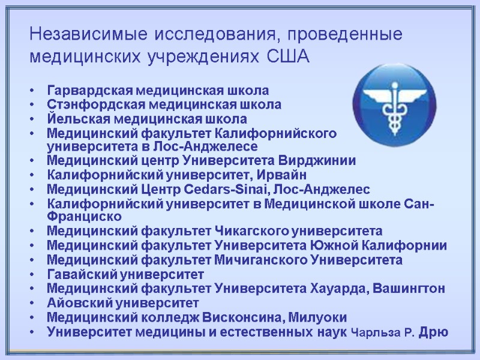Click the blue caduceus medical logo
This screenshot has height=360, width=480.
click(x=392, y=101)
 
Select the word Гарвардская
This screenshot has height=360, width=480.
click(x=89, y=91)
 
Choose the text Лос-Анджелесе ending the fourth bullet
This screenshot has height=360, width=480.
click(x=211, y=146)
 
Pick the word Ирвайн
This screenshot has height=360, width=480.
click(x=281, y=175)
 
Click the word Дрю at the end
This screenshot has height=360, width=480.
click(x=433, y=332)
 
